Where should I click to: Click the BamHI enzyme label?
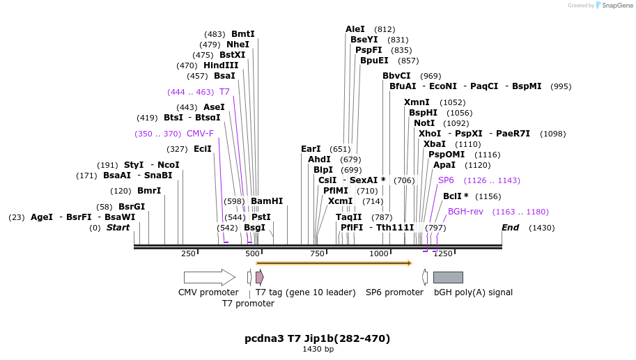click(267, 201)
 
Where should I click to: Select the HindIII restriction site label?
click(221, 65)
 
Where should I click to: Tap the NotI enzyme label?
click(424, 123)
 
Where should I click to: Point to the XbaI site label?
click(435, 144)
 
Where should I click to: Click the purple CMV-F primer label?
click(200, 134)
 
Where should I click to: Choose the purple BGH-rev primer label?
click(465, 212)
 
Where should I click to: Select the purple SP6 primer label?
click(446, 180)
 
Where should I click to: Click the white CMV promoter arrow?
click(209, 277)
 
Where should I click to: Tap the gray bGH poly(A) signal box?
click(448, 277)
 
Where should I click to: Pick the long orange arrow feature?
click(334, 263)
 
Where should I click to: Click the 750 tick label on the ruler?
click(317, 253)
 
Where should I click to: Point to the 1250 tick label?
click(444, 253)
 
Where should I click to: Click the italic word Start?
click(118, 228)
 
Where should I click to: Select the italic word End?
click(511, 228)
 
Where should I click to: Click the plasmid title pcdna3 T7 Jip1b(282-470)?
click(317, 338)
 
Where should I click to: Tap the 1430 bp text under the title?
click(318, 350)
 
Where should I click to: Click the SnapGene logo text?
click(614, 6)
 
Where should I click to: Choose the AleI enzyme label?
click(355, 29)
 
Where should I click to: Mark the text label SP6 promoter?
click(394, 292)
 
